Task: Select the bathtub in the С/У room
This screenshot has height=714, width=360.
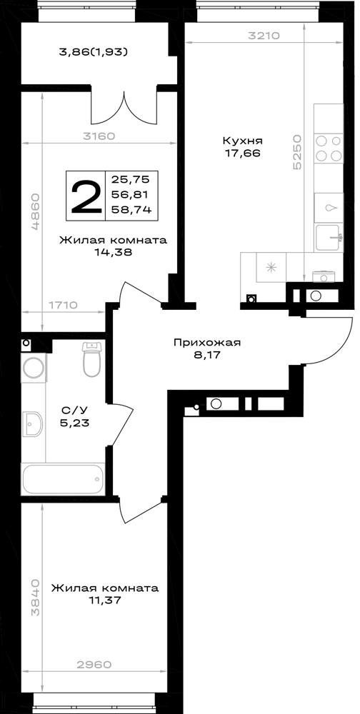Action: [x=63, y=479]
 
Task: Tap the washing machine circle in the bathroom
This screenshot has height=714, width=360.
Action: [x=34, y=368]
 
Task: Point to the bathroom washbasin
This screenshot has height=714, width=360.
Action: [x=32, y=424]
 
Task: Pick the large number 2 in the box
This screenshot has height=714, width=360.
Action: [x=86, y=196]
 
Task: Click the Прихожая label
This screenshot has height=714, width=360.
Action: [x=206, y=343]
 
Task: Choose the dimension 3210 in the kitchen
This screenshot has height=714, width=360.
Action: [x=264, y=36]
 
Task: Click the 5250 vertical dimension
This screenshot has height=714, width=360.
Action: [x=297, y=152]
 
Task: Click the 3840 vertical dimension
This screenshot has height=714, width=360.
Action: [x=36, y=598]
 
